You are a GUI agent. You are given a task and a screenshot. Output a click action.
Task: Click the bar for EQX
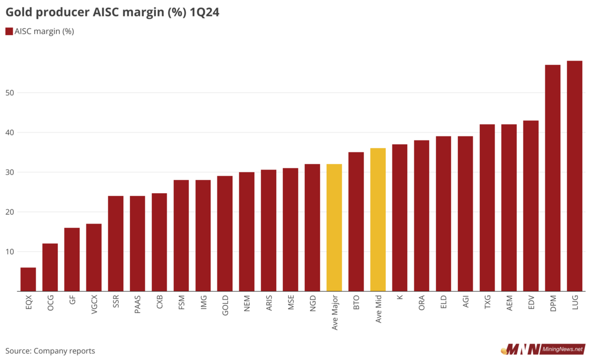tap(28, 279)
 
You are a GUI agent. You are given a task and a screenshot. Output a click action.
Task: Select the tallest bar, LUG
tap(574, 176)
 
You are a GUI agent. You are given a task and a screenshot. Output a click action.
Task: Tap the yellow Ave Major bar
tap(334, 227)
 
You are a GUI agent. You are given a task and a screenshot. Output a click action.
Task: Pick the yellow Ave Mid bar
tap(378, 220)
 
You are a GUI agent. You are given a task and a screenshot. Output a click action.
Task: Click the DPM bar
tap(552, 178)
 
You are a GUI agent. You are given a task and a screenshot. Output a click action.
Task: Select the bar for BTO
tap(356, 221)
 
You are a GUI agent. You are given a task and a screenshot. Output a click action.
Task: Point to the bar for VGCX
tap(94, 257)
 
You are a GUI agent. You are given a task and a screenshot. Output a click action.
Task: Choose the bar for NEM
tap(247, 231)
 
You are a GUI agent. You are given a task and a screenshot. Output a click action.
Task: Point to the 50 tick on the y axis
tap(10, 93)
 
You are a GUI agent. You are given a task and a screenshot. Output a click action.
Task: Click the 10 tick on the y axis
tap(10, 252)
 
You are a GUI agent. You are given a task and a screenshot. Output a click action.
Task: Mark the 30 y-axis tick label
tap(10, 172)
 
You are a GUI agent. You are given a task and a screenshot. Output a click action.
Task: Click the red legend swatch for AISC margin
tap(9, 31)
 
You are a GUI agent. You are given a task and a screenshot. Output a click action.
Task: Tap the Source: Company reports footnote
tap(50, 351)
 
